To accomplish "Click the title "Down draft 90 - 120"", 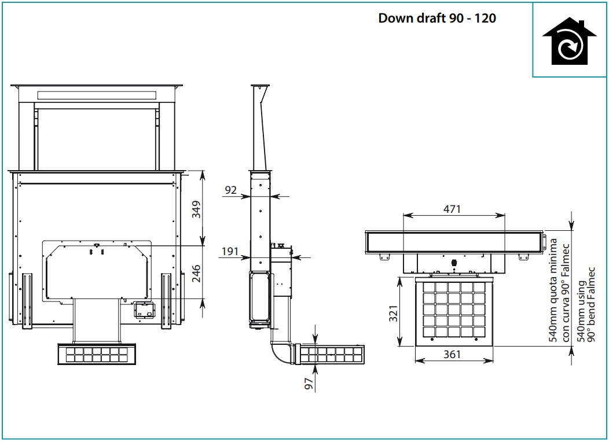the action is tap(437, 19).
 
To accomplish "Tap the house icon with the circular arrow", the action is tap(569, 41).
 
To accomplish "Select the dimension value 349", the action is tap(196, 209).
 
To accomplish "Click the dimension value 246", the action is tap(196, 273).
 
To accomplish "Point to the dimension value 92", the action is tap(231, 190).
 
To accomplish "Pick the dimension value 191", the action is tap(230, 252).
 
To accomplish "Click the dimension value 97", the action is tap(309, 384).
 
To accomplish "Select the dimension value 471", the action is tap(452, 209).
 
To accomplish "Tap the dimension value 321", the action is tap(394, 314).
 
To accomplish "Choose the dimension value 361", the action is tap(452, 354).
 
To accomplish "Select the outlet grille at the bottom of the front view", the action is tap(97, 354).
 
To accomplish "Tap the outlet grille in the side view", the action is tap(330, 354).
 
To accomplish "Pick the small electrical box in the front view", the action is tap(145, 310).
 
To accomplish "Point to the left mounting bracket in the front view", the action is tap(27, 301).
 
